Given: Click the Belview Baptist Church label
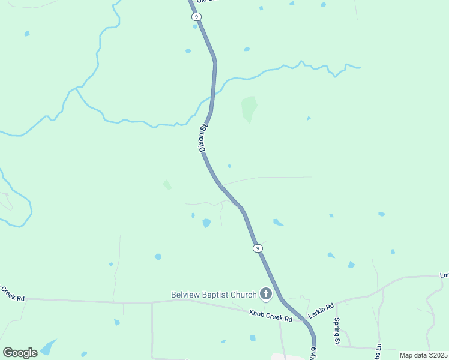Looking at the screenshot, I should [213, 294].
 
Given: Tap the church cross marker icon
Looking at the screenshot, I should [265, 294].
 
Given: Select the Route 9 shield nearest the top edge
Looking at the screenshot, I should [197, 17].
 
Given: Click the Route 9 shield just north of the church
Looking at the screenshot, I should [257, 248].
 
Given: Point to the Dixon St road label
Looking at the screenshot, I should [203, 138].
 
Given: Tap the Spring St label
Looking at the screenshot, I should [337, 332].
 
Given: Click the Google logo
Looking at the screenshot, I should [20, 352].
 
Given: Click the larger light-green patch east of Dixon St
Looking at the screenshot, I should [249, 108].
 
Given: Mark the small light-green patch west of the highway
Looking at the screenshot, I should [167, 185].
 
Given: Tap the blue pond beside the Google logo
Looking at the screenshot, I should [48, 347].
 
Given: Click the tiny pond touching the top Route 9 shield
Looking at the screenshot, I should [195, 26].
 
